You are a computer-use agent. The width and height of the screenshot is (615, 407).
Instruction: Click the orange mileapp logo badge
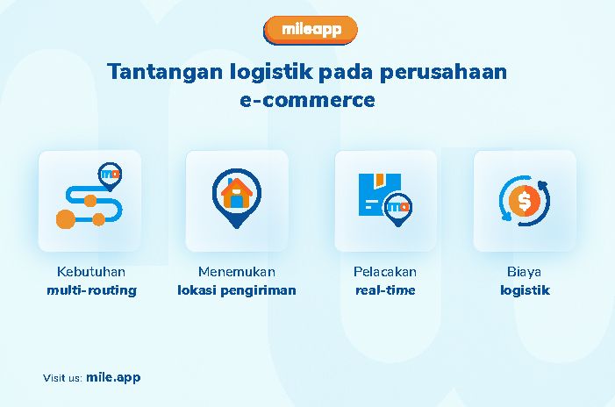pyautogui.click(x=311, y=30)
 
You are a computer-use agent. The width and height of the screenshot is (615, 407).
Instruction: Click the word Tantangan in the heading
pyautogui.click(x=165, y=72)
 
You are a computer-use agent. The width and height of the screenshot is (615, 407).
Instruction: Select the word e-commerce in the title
pyautogui.click(x=307, y=100)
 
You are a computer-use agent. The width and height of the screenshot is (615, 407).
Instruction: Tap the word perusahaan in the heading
pyautogui.click(x=444, y=73)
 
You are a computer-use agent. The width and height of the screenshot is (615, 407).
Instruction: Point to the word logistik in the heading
pyautogui.click(x=271, y=72)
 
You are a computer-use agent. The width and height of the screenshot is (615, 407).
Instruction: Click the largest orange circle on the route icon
pyautogui.click(x=66, y=219)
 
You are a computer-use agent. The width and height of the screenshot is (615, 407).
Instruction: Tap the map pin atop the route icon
pyautogui.click(x=110, y=176)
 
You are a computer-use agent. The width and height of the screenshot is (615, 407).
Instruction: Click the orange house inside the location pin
pyautogui.click(x=237, y=193)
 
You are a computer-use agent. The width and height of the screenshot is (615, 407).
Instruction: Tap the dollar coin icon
pyautogui.click(x=525, y=200)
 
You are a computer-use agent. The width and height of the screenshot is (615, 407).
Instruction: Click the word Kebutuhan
pyautogui.click(x=91, y=272)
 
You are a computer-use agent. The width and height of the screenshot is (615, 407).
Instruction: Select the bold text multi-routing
pyautogui.click(x=92, y=290)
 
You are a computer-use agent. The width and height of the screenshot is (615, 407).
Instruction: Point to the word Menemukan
pyautogui.click(x=237, y=272)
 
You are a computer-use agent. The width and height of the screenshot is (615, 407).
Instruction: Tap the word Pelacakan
pyautogui.click(x=385, y=272)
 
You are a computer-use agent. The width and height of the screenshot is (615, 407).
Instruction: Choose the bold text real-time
pyautogui.click(x=385, y=290)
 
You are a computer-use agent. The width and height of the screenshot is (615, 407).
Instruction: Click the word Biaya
pyautogui.click(x=524, y=272)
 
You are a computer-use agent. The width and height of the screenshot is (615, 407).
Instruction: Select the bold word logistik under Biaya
pyautogui.click(x=525, y=290)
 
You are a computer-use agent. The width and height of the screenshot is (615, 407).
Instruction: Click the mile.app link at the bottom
pyautogui.click(x=113, y=377)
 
